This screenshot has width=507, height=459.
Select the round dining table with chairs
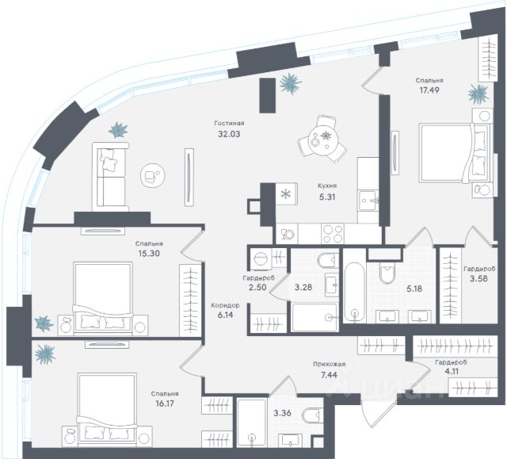tap(322, 139)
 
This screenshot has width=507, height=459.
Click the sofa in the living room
tap(110, 174)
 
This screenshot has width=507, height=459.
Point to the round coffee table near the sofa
tap(151, 174)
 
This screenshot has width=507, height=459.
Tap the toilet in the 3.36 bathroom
tap(314, 414)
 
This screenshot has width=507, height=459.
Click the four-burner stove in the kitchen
tap(334, 234)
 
